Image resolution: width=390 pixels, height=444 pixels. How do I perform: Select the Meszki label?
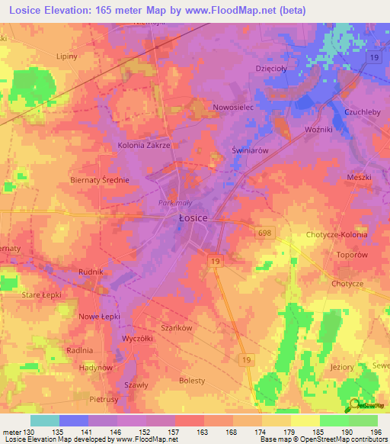click(357, 177)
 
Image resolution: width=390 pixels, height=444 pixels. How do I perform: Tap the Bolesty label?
click(192, 380)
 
